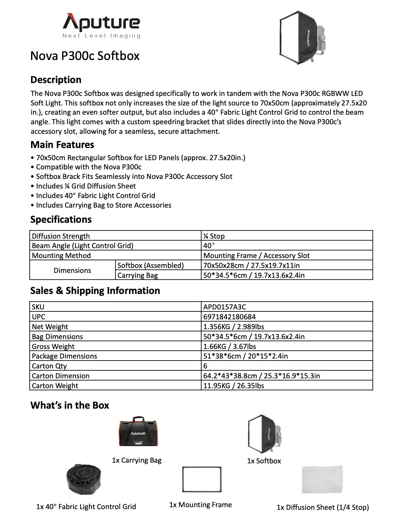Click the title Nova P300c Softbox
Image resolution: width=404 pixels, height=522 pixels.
tap(85, 56)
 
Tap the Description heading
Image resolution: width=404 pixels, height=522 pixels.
tap(56, 80)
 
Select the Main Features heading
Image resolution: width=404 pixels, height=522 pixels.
tap(62, 145)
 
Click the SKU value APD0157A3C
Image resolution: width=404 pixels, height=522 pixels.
tap(224, 307)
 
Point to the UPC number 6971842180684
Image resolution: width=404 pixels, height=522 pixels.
tap(229, 317)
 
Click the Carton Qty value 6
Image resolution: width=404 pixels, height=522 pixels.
tap(205, 366)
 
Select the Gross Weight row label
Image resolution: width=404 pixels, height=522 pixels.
tap(53, 346)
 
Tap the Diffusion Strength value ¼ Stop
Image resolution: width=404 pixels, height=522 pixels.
tap(214, 236)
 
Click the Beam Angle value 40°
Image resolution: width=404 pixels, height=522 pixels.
tap(209, 246)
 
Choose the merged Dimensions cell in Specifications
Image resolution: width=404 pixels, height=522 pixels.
tap(72, 270)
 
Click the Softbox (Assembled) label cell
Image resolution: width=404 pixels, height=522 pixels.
tap(151, 265)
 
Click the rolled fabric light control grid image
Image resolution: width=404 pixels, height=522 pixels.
tap(84, 480)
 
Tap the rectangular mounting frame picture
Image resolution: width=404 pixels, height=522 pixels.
tap(202, 479)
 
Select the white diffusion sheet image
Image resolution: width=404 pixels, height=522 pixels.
tap(322, 479)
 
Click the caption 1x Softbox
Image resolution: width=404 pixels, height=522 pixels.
tap(264, 461)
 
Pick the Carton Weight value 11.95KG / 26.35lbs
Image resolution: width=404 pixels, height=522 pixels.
tap(234, 386)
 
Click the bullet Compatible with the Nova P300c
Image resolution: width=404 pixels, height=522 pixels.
tap(88, 167)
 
